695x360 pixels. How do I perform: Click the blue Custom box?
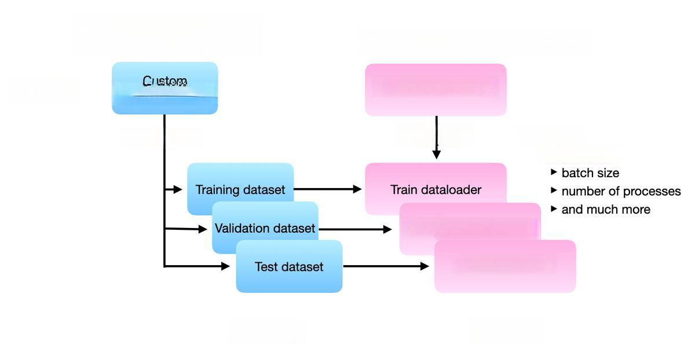(164, 87)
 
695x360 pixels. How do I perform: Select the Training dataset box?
(240, 179)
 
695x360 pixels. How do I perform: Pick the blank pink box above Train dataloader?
(436, 90)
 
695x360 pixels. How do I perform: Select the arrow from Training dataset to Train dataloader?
(328, 189)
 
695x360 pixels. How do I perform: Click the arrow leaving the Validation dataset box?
(355, 229)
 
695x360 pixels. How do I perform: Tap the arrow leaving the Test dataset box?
(386, 266)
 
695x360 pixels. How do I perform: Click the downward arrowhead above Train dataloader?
(436, 154)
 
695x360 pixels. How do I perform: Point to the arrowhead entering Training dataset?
(178, 189)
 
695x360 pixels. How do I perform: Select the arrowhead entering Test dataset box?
(225, 266)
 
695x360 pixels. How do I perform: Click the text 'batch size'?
(590, 173)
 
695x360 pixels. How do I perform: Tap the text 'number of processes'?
(621, 191)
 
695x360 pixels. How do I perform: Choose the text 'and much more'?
(606, 209)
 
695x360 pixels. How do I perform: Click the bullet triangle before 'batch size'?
(554, 172)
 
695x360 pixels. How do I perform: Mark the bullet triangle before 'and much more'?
(554, 208)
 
